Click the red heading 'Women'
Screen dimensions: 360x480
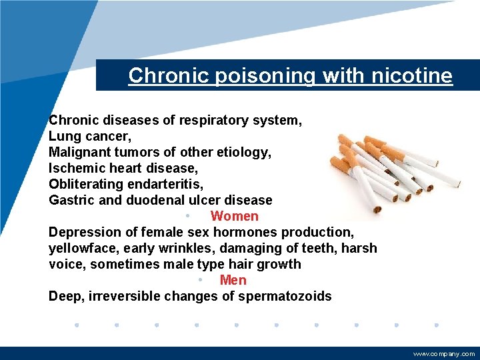tap(234, 216)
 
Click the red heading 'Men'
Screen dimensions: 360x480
tap(233, 280)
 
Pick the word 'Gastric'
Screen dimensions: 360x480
tap(70, 200)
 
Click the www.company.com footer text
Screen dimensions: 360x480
tap(444, 354)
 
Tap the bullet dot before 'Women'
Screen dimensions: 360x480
tap(189, 216)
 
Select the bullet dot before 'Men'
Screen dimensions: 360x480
tap(201, 280)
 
